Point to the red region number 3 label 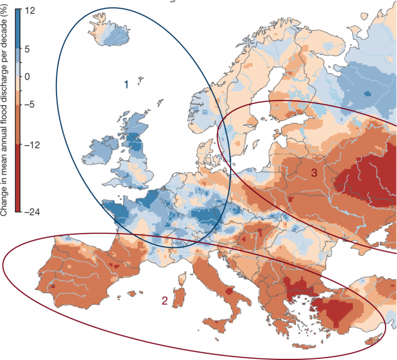313,173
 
